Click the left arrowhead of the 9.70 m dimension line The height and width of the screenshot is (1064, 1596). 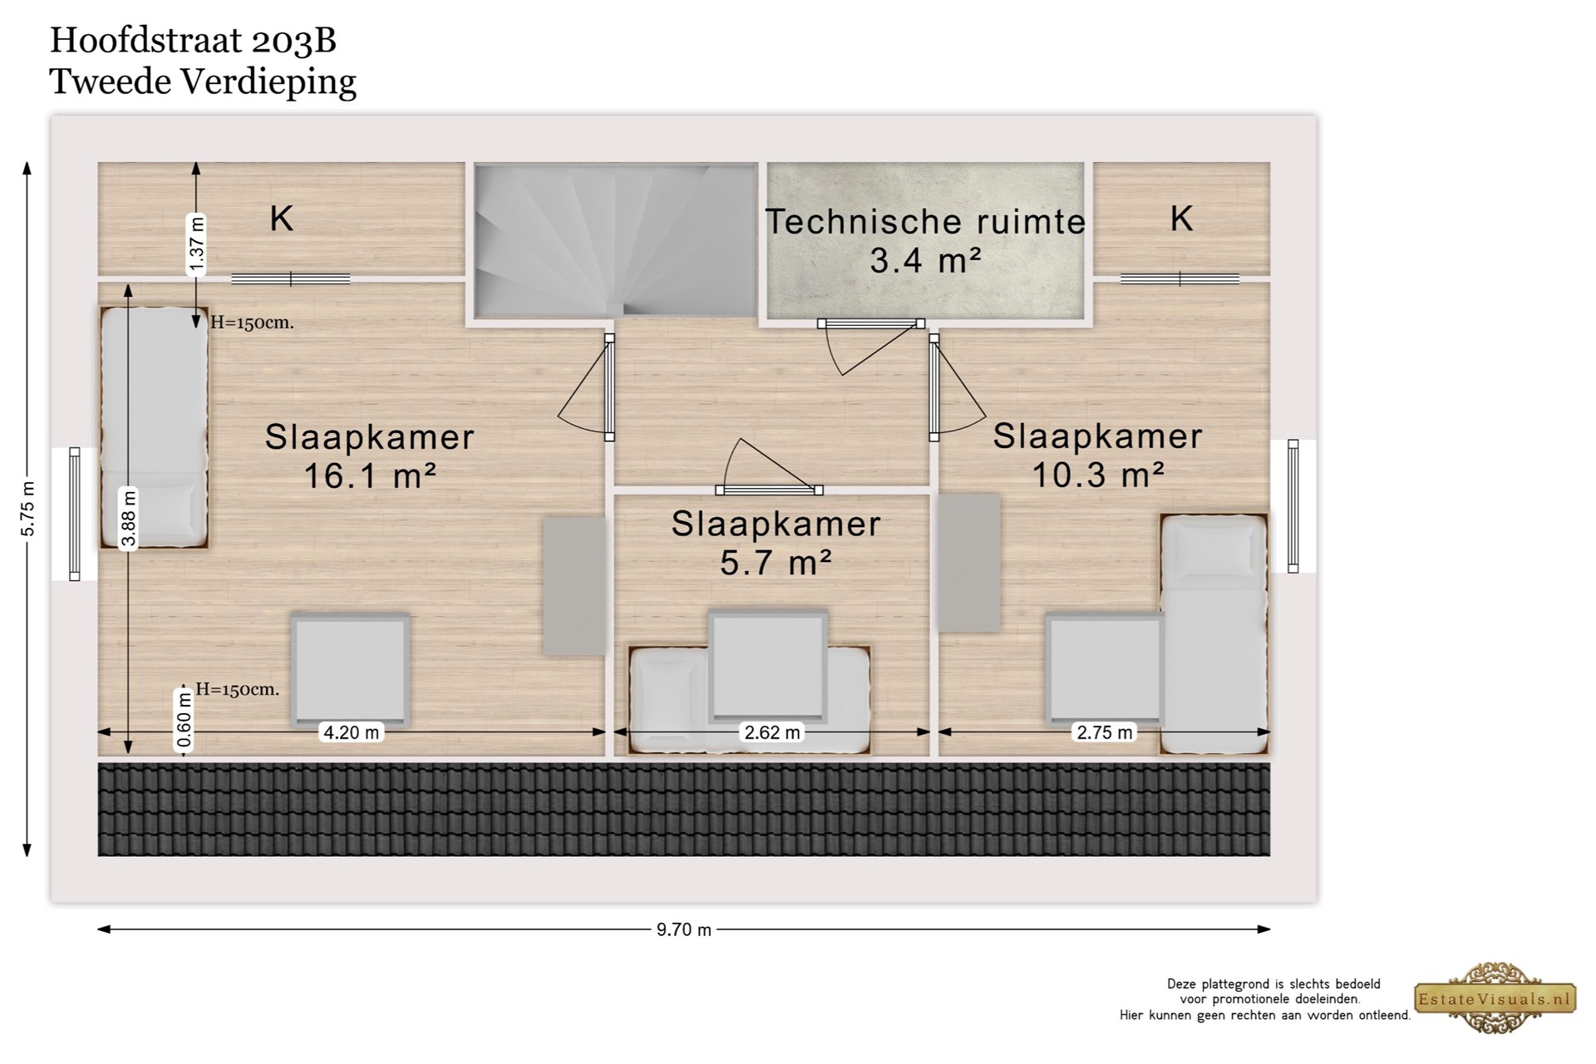point(99,929)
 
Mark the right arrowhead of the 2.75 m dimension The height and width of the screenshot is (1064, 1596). point(1268,731)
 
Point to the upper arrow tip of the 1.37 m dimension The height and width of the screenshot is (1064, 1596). point(196,163)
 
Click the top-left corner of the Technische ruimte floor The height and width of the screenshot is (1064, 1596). point(767,163)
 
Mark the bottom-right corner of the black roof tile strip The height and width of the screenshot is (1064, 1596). point(1270,855)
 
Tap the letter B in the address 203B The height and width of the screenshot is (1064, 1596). point(326,40)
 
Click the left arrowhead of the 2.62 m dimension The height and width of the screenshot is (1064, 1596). point(616,731)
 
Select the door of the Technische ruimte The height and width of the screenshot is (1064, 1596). point(870,345)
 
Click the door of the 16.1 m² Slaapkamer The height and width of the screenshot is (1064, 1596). point(587,387)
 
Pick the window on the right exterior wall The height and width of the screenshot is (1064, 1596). point(1293,506)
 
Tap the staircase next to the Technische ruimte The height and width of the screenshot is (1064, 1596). point(615,241)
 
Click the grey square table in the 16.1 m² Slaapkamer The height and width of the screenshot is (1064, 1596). point(350,669)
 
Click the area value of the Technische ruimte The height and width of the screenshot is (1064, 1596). point(926,261)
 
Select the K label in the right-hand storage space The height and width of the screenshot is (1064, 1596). point(1181,219)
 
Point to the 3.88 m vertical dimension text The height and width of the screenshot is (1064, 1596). point(129,519)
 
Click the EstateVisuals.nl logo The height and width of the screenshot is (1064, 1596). point(1495,998)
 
